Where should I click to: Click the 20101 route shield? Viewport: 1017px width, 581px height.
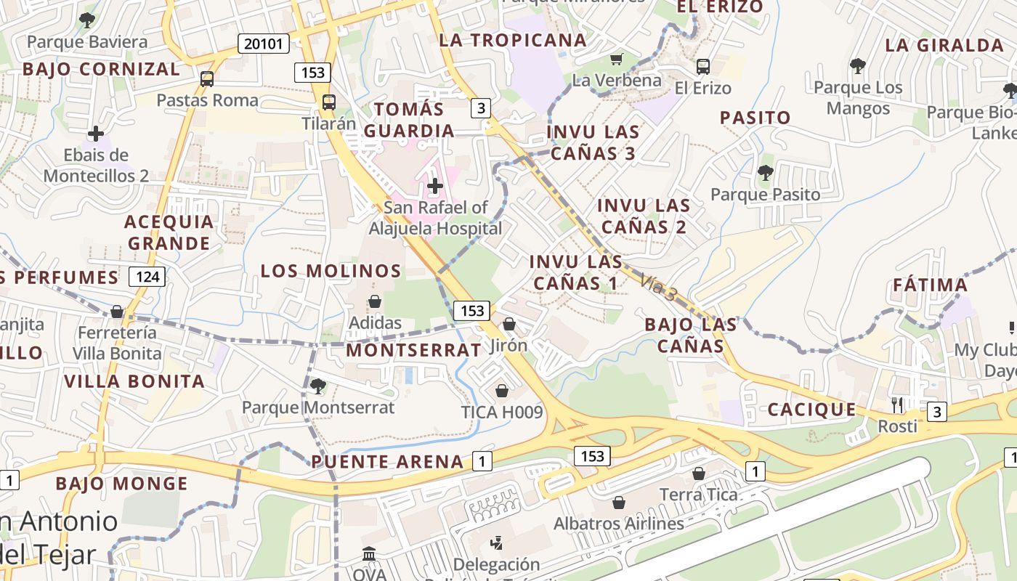263,44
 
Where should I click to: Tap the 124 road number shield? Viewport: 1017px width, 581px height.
147,277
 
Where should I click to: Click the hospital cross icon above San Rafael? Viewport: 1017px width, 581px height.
434,186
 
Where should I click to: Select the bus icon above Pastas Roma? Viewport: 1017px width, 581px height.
207,78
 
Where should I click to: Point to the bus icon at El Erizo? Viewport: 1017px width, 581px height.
702,67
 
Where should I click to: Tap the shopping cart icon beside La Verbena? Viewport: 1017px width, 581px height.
617,59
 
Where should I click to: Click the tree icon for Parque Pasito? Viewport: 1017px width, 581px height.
765,173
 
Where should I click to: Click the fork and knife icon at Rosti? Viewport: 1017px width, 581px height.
898,405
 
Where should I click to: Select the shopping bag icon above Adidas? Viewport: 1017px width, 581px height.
375,301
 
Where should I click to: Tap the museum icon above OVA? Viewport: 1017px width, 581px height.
368,553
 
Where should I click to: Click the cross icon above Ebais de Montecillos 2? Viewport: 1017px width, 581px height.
95,134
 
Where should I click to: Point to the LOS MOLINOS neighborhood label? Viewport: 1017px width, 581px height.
331,271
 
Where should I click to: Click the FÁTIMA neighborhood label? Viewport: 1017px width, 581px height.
930,285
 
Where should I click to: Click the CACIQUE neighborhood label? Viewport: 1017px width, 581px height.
812,410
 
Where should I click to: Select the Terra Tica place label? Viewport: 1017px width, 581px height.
698,495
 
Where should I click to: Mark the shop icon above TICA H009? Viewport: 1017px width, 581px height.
501,391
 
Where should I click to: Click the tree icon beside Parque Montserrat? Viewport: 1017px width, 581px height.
317,386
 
